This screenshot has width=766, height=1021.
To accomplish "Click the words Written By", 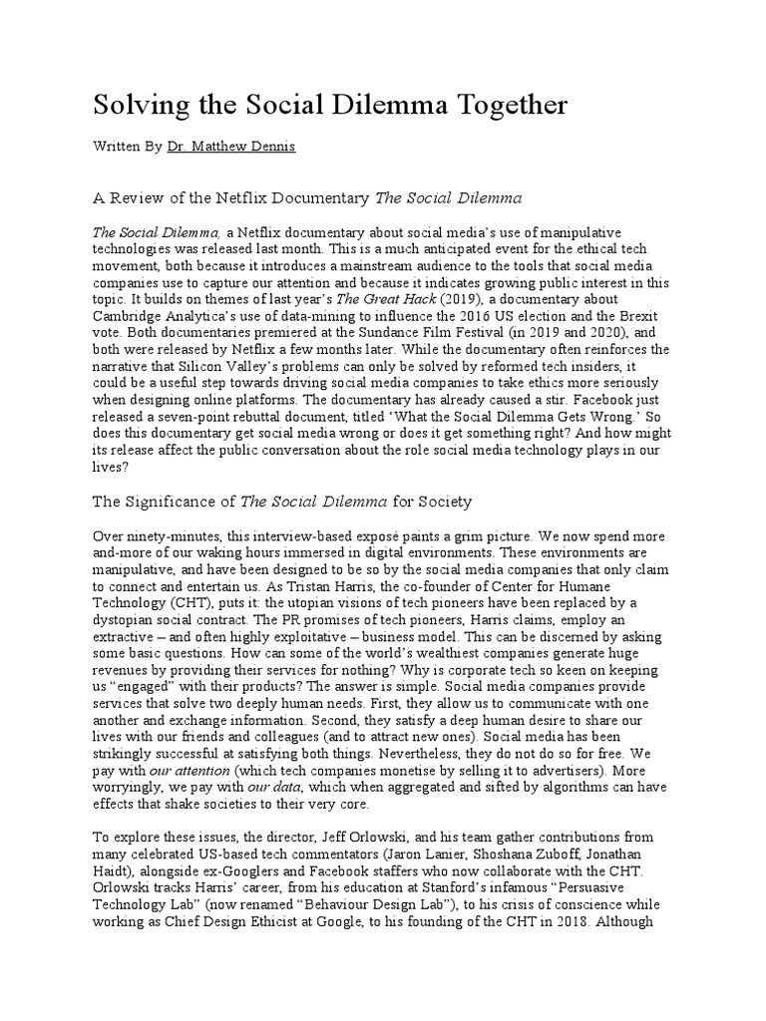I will coord(128,147).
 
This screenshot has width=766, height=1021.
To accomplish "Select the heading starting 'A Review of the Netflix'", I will coord(308,197).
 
